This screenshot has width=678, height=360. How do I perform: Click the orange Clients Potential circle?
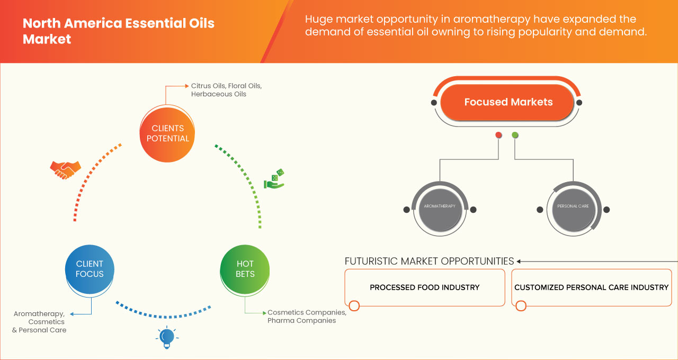click(x=167, y=133)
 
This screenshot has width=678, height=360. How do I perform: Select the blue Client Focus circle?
click(x=90, y=269)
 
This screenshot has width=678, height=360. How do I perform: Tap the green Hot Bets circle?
click(x=245, y=269)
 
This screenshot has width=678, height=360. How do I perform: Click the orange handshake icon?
click(x=65, y=169)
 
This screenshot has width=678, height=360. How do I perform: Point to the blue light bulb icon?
click(x=167, y=337)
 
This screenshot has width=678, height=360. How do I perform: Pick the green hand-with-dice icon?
click(x=274, y=179)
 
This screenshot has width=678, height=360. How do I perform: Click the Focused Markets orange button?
click(x=508, y=102)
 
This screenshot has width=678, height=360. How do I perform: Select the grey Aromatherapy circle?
click(x=440, y=206)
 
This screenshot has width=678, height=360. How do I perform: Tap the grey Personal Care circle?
click(x=573, y=206)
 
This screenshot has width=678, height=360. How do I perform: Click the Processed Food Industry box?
click(x=424, y=287)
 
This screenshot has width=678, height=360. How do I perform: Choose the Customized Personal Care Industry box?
click(x=591, y=287)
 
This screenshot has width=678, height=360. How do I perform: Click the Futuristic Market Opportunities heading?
click(x=429, y=261)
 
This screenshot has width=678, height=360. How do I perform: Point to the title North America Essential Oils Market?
click(x=118, y=31)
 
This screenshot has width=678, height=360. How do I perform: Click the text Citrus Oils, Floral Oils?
click(x=226, y=86)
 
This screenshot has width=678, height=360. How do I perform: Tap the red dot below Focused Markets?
click(x=498, y=135)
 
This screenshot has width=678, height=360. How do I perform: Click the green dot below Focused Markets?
click(x=515, y=135)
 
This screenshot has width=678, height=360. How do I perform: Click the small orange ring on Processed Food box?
click(x=354, y=305)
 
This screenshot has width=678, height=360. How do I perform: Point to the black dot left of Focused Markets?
click(x=434, y=102)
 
